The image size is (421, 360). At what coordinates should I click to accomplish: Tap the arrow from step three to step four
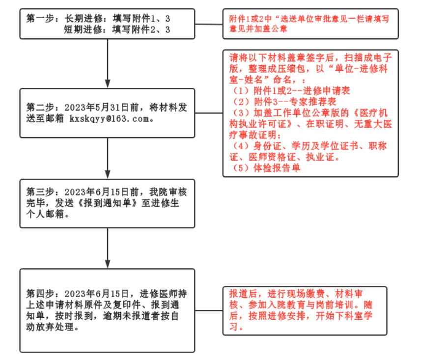(x=108, y=248)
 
